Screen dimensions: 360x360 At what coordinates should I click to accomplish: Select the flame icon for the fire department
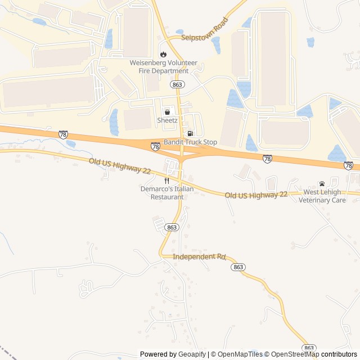(x=163, y=55)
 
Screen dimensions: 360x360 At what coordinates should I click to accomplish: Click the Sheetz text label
(x=167, y=120)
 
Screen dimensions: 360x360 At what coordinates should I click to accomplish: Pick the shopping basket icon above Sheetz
(x=167, y=112)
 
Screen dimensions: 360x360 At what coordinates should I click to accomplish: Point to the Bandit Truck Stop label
(x=190, y=142)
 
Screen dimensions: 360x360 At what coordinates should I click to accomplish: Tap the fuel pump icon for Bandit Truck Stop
(x=190, y=133)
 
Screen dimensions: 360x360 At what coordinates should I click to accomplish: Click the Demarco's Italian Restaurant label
(x=166, y=193)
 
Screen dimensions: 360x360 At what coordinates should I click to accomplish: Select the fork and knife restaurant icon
(x=166, y=181)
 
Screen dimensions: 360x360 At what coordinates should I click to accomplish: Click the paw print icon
(x=322, y=183)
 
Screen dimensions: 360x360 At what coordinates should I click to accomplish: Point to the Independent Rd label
(x=199, y=256)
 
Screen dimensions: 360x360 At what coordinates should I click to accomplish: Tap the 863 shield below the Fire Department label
(x=178, y=84)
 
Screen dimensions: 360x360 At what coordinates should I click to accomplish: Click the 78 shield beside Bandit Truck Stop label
(x=155, y=146)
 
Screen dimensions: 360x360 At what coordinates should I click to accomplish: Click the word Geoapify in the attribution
(x=192, y=354)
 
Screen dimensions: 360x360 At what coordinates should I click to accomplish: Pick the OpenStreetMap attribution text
(x=292, y=354)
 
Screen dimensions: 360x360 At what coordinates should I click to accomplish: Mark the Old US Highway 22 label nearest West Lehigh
(x=256, y=195)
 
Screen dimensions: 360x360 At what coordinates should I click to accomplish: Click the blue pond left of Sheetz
(x=115, y=121)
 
